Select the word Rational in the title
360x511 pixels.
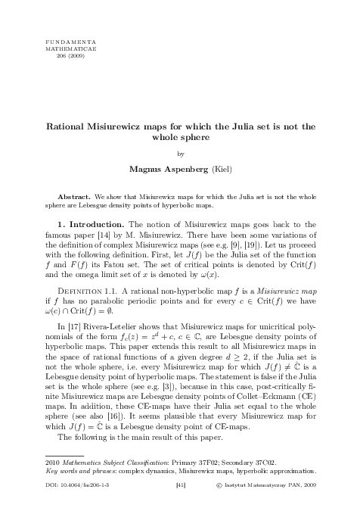click(x=70, y=128)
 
